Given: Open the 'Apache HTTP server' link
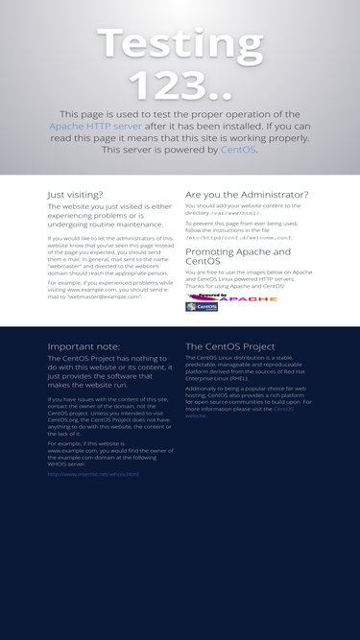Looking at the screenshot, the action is [95, 126].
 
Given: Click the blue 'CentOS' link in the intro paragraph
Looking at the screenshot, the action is [238, 150].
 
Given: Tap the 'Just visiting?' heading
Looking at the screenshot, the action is [75, 194].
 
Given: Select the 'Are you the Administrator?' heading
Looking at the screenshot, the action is [247, 194].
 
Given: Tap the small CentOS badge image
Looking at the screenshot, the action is [202, 307].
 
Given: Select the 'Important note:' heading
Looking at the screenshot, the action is [84, 346].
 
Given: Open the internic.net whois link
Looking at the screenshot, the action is [93, 474].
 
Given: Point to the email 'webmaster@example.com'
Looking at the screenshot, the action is [100, 297].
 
